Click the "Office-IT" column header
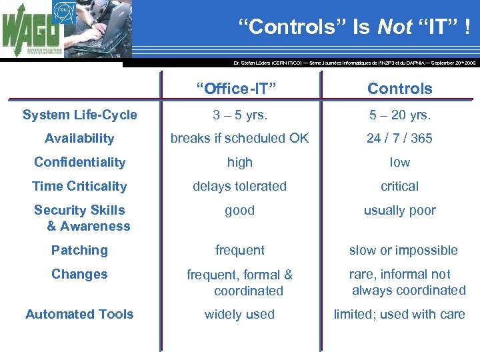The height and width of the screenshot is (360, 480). pyautogui.click(x=239, y=89)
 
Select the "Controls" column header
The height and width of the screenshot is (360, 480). pyautogui.click(x=399, y=89)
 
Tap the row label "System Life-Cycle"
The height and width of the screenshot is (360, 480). pyautogui.click(x=79, y=115)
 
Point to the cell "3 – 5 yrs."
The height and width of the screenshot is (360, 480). pyautogui.click(x=239, y=115)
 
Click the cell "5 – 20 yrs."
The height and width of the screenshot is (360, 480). pyautogui.click(x=399, y=115)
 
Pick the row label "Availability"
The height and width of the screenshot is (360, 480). pyautogui.click(x=79, y=139)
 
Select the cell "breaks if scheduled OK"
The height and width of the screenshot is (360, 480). pyautogui.click(x=239, y=139)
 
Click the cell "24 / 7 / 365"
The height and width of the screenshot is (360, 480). pyautogui.click(x=399, y=139)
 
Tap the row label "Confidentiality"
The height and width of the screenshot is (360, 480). pyautogui.click(x=79, y=163)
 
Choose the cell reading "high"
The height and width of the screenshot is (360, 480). pyautogui.click(x=239, y=163)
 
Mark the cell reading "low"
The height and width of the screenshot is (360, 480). pyautogui.click(x=399, y=163)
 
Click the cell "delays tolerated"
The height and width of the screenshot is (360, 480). pyautogui.click(x=239, y=187)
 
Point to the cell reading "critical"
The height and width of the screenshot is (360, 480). pyautogui.click(x=399, y=187)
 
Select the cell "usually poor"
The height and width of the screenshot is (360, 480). pyautogui.click(x=399, y=211)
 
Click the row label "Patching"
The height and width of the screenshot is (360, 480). pyautogui.click(x=79, y=251)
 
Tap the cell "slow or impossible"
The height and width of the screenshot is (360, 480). pyautogui.click(x=403, y=251)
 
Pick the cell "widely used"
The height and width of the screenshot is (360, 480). pyautogui.click(x=239, y=315)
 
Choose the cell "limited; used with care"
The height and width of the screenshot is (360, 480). pyautogui.click(x=399, y=315)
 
